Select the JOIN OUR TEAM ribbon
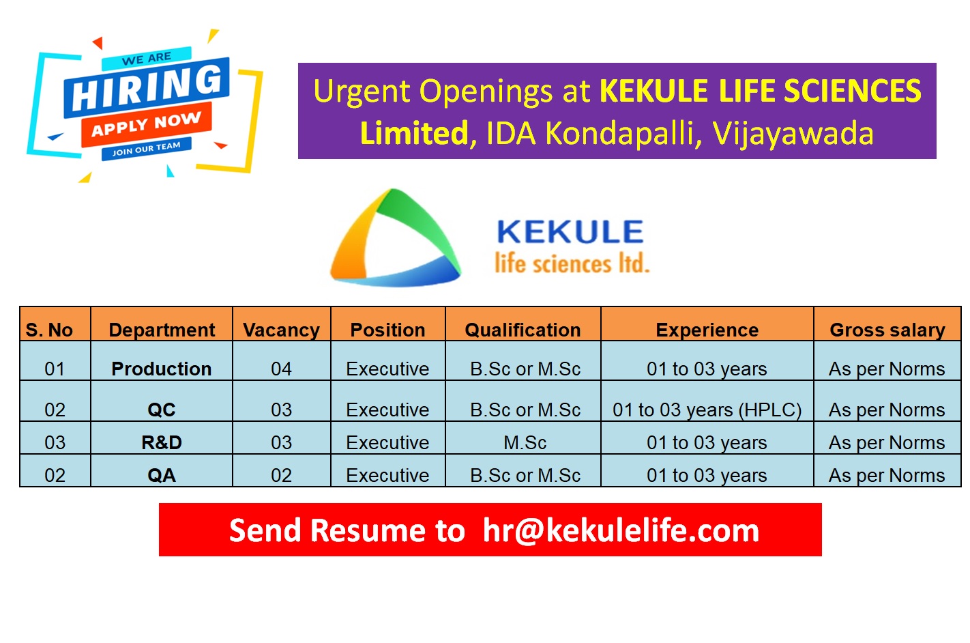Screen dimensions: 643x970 [146, 148]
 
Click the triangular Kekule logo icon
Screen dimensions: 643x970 [394, 239]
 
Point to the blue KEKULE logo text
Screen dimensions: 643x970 [570, 232]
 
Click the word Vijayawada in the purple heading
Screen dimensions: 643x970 [793, 134]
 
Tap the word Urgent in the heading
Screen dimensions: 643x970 [364, 91]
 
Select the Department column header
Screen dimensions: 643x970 [162, 330]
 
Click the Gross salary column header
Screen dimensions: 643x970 [887, 330]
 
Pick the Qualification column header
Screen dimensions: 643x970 [523, 330]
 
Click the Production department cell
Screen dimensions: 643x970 [162, 369]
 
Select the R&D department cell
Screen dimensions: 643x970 [162, 442]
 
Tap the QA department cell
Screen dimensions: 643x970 [162, 475]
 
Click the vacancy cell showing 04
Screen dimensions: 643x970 [281, 369]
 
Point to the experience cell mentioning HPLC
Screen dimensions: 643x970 [707, 410]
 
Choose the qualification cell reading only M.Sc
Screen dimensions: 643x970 [525, 442]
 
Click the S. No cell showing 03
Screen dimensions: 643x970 [55, 442]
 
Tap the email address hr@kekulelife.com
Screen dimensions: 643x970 [621, 530]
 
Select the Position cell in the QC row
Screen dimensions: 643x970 [387, 410]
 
